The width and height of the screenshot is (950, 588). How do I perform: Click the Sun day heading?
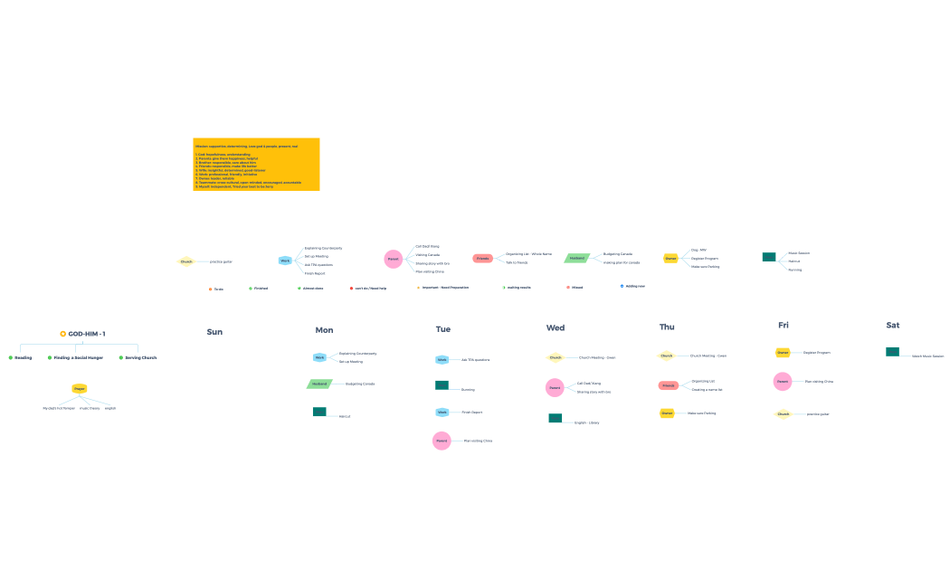click(x=214, y=332)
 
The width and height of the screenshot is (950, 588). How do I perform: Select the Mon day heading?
click(x=324, y=330)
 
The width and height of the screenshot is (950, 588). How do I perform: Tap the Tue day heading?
click(x=442, y=329)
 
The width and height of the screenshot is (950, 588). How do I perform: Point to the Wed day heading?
click(x=556, y=327)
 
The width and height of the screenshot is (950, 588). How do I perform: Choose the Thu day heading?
click(x=667, y=327)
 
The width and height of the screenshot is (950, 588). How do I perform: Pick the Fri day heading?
click(x=783, y=325)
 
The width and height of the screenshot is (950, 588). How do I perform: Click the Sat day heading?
click(x=893, y=325)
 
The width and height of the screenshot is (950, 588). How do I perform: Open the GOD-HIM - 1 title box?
click(x=82, y=334)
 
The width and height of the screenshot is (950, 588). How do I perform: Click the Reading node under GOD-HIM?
click(x=20, y=357)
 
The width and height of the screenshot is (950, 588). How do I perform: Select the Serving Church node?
click(x=138, y=357)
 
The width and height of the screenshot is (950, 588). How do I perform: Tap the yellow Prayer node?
click(x=80, y=389)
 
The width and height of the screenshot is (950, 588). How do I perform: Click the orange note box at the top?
click(x=256, y=164)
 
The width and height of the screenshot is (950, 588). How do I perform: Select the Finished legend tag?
click(x=258, y=289)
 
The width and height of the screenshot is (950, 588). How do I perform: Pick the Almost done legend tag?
click(x=310, y=289)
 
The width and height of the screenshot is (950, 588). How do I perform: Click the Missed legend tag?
click(x=575, y=287)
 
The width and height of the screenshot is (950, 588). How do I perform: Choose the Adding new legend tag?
click(x=632, y=286)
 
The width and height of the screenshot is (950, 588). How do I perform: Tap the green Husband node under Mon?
click(x=319, y=384)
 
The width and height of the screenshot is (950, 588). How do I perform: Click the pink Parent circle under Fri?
click(x=783, y=382)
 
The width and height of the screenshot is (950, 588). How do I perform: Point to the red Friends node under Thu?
click(x=668, y=385)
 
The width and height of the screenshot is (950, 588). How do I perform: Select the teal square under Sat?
click(x=892, y=352)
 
